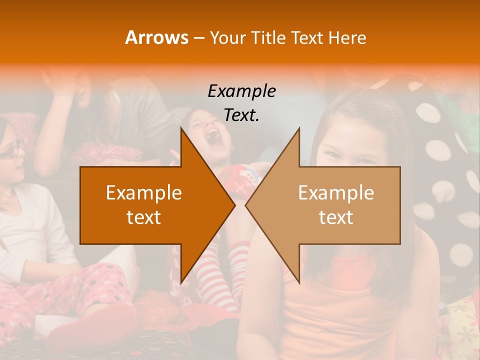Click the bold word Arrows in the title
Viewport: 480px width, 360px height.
click(x=156, y=37)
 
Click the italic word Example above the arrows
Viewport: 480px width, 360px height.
click(x=242, y=91)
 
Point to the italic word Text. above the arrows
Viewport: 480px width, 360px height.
click(x=242, y=115)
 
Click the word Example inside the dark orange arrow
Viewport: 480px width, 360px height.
click(x=144, y=193)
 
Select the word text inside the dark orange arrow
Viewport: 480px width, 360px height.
click(x=144, y=217)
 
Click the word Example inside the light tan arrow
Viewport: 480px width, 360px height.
click(x=336, y=193)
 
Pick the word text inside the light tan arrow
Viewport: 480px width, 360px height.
click(x=336, y=217)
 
